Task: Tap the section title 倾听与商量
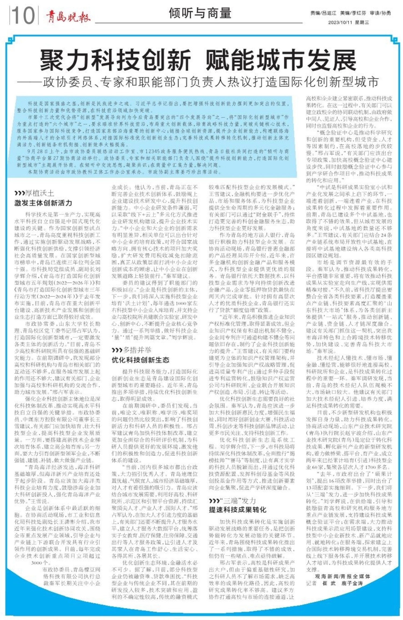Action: [x=200, y=13]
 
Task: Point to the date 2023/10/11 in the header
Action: [x=340, y=22]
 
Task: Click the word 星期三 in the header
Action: [x=362, y=22]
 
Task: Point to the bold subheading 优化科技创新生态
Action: [x=141, y=360]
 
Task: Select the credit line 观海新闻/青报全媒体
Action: [x=343, y=576]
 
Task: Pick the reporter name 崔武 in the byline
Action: [x=329, y=583]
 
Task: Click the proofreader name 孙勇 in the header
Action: [x=386, y=13]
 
